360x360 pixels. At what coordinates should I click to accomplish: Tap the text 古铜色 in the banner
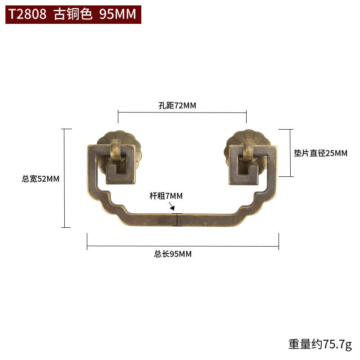[x=73, y=14]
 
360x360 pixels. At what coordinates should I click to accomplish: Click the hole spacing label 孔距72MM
[x=177, y=106]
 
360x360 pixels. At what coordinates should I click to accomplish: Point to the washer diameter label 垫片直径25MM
[x=321, y=153]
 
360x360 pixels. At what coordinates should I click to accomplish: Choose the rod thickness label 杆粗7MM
[x=166, y=196]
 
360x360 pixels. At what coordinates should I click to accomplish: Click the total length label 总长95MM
[x=173, y=254]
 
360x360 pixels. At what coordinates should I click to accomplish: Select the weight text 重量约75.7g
[x=319, y=344]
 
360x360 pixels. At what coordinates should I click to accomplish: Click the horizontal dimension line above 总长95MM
[x=183, y=246]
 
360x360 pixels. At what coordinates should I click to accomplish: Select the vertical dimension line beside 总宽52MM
[x=66, y=178]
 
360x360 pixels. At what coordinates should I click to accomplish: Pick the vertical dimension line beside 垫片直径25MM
[x=290, y=153]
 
